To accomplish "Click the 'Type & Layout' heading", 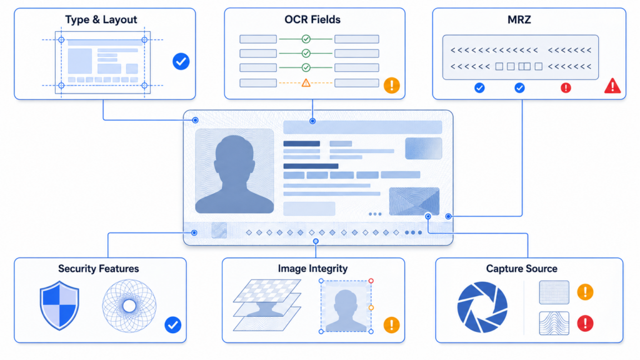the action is click(x=101, y=19).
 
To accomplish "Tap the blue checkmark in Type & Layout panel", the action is click(x=181, y=62).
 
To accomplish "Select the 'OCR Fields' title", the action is click(x=312, y=19).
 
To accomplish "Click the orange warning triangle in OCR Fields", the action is click(x=306, y=83).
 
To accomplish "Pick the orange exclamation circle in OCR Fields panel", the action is click(x=391, y=85).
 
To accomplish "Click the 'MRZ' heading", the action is click(x=519, y=19).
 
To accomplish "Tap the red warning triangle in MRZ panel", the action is click(x=612, y=86).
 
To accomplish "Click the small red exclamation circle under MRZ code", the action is click(x=566, y=87).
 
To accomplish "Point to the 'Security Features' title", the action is click(x=98, y=269).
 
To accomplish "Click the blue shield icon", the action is click(x=59, y=305).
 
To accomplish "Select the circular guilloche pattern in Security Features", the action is click(x=129, y=306).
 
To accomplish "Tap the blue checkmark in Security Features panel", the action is click(x=172, y=325).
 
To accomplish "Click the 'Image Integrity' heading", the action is click(x=312, y=269).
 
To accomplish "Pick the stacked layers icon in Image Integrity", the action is click(x=267, y=304).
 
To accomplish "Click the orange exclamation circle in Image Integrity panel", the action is click(x=391, y=325).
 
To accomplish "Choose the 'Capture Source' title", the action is click(x=522, y=269).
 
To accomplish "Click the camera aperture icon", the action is click(x=482, y=307).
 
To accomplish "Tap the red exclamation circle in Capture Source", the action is click(x=585, y=323).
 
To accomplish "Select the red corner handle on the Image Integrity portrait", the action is click(x=371, y=281).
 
